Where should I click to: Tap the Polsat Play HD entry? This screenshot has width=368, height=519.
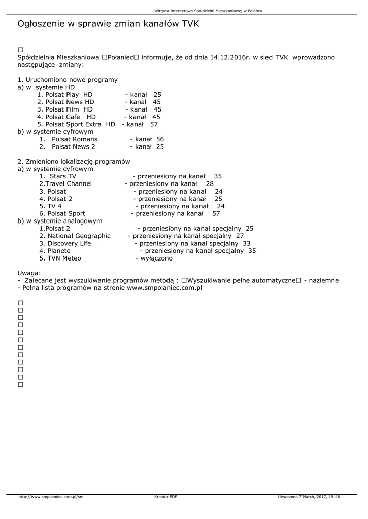[x=65, y=95]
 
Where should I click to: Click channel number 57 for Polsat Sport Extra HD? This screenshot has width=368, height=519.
[x=154, y=124]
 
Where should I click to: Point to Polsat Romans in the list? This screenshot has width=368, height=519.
[x=75, y=139]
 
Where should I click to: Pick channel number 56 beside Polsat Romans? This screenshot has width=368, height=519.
[x=160, y=139]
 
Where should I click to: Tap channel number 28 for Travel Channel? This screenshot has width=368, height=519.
[x=210, y=184]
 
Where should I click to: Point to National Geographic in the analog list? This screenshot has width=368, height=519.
[x=79, y=236]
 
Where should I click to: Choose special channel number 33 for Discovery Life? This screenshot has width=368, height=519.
[x=247, y=243]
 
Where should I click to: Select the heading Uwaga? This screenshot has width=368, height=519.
[x=29, y=273]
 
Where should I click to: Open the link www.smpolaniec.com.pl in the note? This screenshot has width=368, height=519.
[x=164, y=288]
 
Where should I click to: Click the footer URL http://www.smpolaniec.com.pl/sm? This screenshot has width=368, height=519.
[x=51, y=497]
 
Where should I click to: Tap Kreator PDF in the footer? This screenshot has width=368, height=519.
[x=165, y=497]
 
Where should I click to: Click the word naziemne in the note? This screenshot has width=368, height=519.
[x=323, y=281]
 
